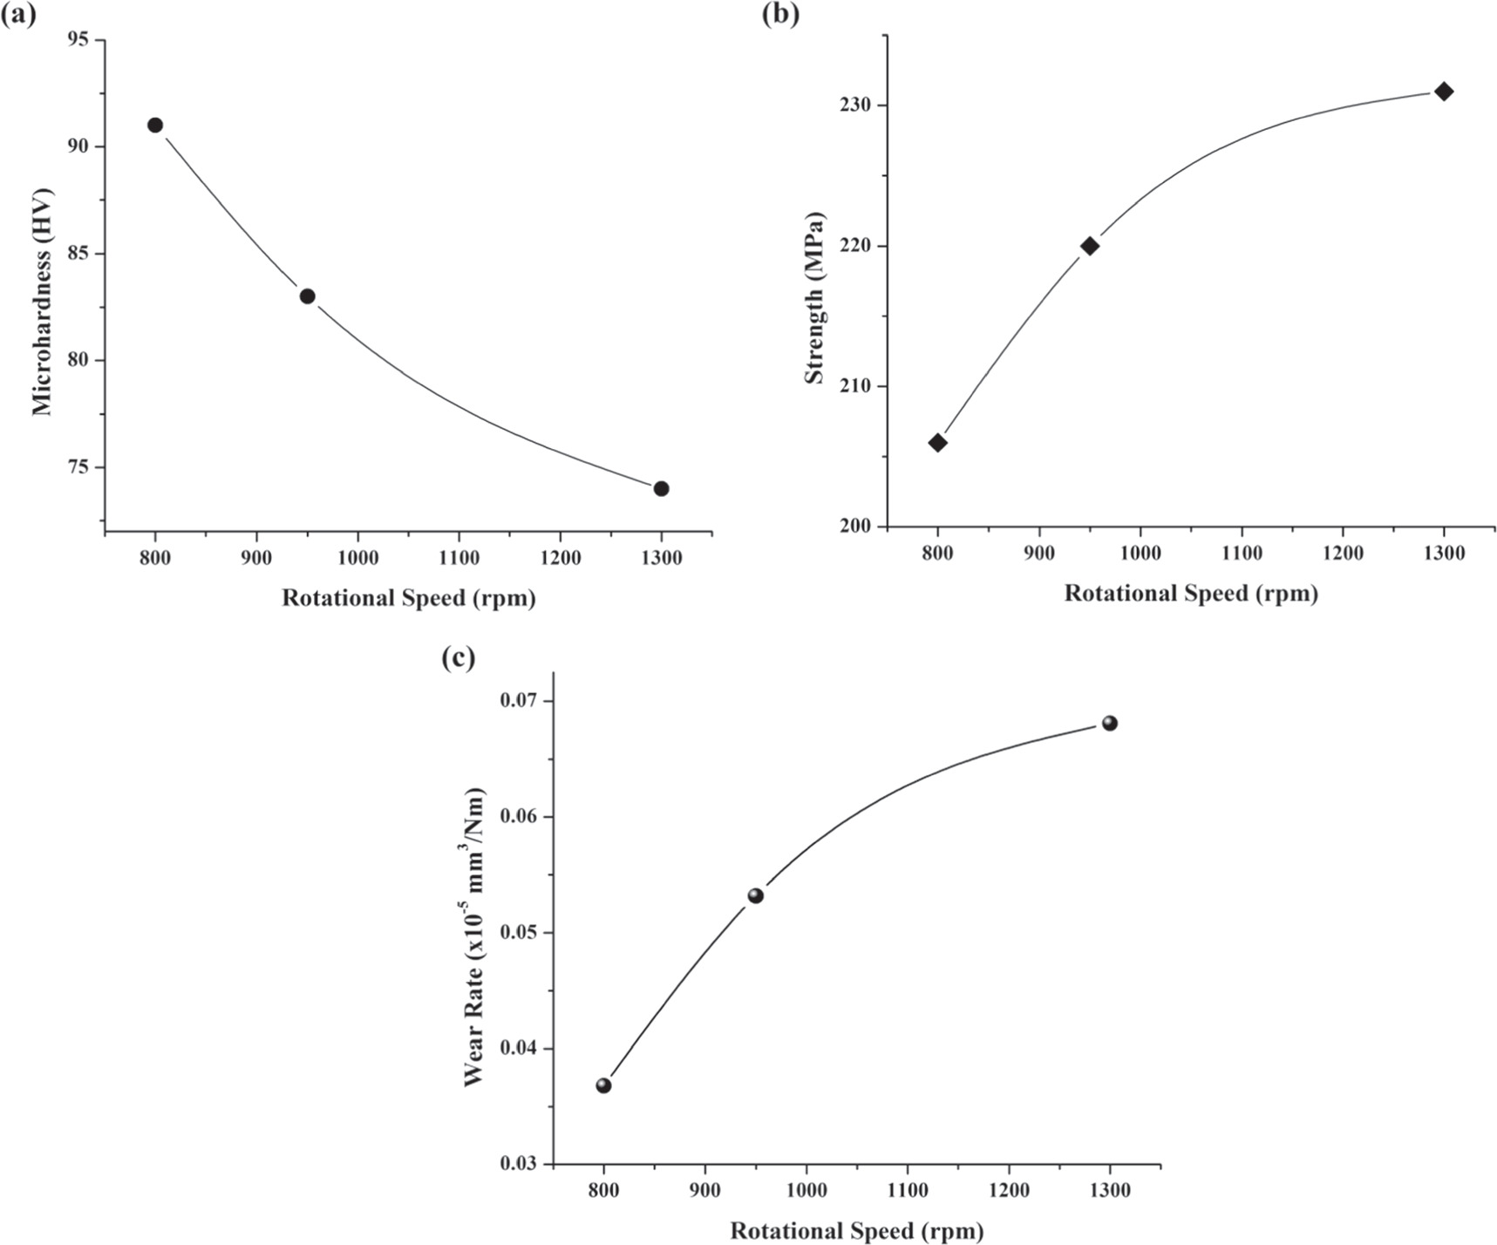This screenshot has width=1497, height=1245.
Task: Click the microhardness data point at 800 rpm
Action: [x=155, y=125]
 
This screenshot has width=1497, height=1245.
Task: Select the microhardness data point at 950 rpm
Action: [x=307, y=296]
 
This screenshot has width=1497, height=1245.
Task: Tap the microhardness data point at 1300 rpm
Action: [x=661, y=488]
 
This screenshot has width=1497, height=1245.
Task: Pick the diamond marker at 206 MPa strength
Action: [x=937, y=443]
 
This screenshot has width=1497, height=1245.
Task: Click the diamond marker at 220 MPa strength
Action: [x=1089, y=246]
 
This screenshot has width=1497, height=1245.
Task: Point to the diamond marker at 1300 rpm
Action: [x=1444, y=92]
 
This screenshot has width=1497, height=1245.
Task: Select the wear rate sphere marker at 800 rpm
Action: [x=603, y=1085]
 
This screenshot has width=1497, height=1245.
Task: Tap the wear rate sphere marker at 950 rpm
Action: [x=755, y=895]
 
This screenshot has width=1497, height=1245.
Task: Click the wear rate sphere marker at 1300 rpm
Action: [x=1109, y=723]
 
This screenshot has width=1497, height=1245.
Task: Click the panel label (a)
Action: [x=19, y=15]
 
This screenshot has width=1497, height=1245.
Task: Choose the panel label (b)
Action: [x=780, y=15]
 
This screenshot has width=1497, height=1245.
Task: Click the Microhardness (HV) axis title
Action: [x=42, y=302]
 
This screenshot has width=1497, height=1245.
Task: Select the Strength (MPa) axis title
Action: [x=814, y=297]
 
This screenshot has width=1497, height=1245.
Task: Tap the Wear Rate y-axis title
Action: [x=473, y=937]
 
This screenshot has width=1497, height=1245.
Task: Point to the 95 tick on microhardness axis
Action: [x=81, y=40]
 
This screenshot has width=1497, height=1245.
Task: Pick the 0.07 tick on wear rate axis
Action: [x=520, y=701]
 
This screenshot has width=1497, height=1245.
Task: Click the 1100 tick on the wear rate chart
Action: [x=908, y=1191]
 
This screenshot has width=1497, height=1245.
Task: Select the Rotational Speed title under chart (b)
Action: [x=1190, y=594]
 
